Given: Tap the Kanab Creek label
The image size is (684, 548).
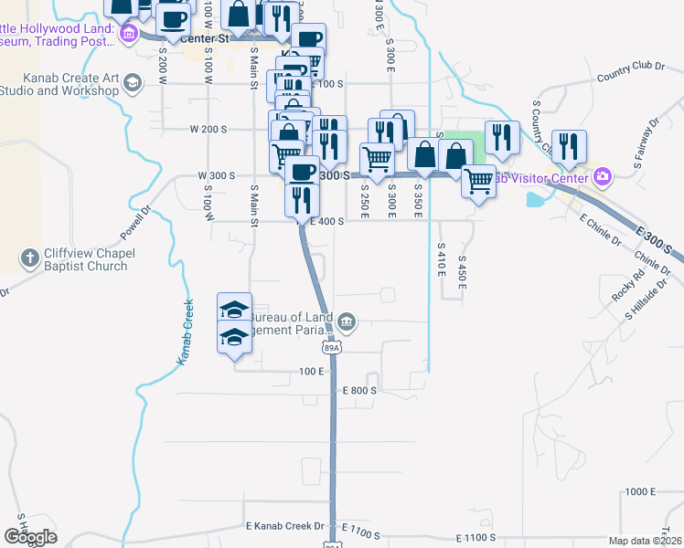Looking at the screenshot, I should click(x=185, y=333).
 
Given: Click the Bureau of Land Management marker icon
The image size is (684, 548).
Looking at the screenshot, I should click(x=347, y=321).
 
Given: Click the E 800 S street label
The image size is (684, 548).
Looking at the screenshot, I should click(x=360, y=390).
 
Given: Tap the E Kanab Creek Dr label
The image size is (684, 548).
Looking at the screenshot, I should click(x=285, y=526).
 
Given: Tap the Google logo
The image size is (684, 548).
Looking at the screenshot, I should click(x=30, y=537).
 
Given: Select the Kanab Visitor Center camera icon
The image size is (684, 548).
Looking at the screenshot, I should click(x=602, y=177).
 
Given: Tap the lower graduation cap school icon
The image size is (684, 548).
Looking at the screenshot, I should click(x=235, y=337).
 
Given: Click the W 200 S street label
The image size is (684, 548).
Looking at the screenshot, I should click(x=208, y=129).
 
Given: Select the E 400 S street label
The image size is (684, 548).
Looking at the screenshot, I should click(x=326, y=221).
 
